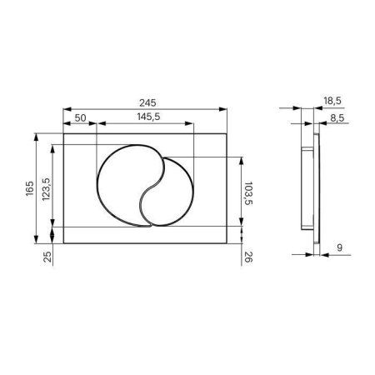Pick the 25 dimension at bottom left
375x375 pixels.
[x=47, y=257]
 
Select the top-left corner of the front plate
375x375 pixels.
[x=63, y=132]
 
